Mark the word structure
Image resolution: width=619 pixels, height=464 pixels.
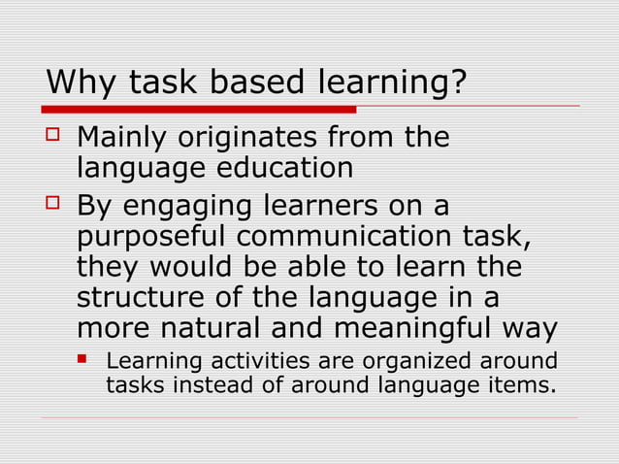point(137,297)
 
